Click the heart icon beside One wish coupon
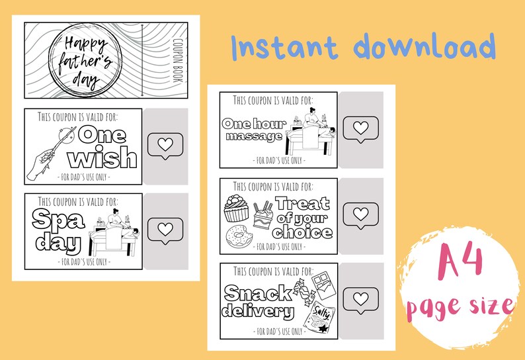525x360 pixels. pos(165,144)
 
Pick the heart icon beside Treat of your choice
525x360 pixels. pos(360,213)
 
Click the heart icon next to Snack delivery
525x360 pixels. pos(360,299)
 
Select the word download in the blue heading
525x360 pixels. pos(424,48)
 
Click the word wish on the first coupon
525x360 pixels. pos(103,159)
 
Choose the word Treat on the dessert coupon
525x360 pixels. pos(302,204)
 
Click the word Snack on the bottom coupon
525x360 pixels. pos(257,293)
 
